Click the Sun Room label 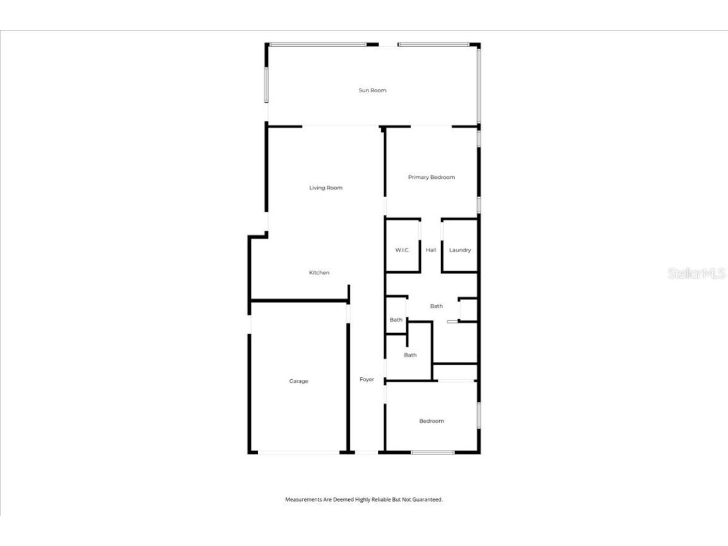(372, 90)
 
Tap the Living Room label (325, 188)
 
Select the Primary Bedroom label (431, 178)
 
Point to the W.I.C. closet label (403, 250)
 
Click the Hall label (431, 250)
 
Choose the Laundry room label (460, 250)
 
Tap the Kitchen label (319, 273)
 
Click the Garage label (299, 382)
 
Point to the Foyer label (367, 380)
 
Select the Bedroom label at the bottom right (432, 421)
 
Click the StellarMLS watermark (696, 274)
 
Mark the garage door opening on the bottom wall (298, 452)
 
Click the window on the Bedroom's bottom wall (432, 452)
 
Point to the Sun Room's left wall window (267, 85)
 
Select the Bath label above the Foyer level (411, 355)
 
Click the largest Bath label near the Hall (436, 306)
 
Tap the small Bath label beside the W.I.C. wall (396, 320)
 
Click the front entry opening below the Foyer (367, 452)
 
